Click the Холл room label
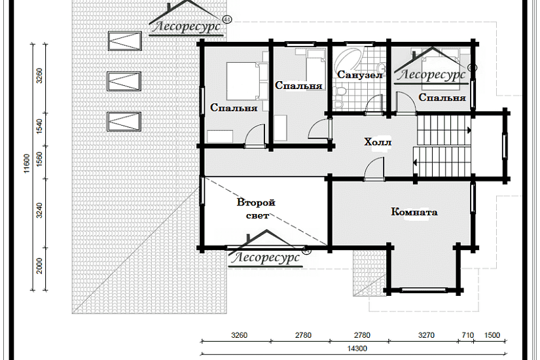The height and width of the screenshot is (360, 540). pos(378,142)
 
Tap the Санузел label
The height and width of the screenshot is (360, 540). pos(360,75)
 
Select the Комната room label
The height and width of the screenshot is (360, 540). pos(414,211)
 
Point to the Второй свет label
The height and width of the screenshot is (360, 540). pos(256,209)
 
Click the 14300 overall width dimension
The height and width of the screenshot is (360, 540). pos(357,348)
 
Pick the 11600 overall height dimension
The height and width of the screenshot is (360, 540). pos(27,163)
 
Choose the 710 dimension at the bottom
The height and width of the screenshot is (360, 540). pos(468,335)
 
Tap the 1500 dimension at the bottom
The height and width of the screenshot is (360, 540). pos(492,335)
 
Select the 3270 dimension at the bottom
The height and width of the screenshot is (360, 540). pos(426,335)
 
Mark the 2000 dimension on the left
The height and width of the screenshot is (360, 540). pos(39,266)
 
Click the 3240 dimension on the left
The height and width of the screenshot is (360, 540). pos(39,210)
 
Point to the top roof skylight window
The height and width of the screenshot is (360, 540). pos(124,41)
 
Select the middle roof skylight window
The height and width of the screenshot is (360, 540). pos(124,81)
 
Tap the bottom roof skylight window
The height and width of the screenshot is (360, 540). pos(124,122)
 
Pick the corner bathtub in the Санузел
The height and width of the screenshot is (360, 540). pos(347,58)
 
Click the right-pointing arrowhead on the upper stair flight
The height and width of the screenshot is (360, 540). pos(469,130)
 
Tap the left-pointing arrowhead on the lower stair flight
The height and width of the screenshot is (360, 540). pos(416,162)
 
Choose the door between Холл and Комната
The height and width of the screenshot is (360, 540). pos(374,169)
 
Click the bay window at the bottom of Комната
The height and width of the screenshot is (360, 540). pos(424,290)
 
